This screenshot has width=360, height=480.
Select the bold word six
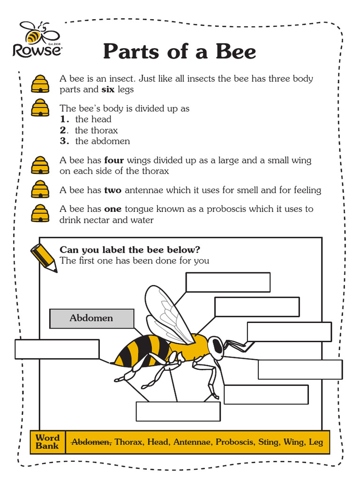click(108, 90)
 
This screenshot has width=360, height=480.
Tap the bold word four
click(114, 160)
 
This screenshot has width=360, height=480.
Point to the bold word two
click(112, 190)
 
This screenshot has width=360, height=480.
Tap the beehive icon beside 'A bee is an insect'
click(40, 84)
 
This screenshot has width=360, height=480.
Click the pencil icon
click(44, 257)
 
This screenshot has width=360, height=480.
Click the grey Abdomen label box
click(91, 318)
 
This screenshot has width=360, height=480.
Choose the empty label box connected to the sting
click(57, 349)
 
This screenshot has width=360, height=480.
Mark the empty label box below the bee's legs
click(178, 411)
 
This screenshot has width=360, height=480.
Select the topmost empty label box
click(228, 282)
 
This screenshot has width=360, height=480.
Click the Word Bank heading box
click(47, 442)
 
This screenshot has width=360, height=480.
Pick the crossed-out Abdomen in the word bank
click(91, 442)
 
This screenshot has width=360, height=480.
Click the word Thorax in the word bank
click(129, 442)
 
